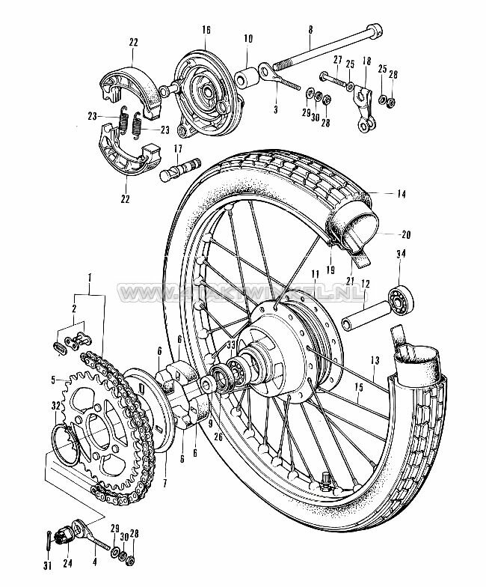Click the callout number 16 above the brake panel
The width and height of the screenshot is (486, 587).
coord(206,29)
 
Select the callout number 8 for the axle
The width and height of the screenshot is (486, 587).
coord(309,30)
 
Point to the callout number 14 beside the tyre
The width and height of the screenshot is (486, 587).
coord(401,194)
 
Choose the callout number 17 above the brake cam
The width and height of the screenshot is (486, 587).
coord(179,148)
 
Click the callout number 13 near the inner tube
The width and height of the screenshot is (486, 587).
coord(375,361)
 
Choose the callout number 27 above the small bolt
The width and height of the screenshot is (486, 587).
coord(338,61)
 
